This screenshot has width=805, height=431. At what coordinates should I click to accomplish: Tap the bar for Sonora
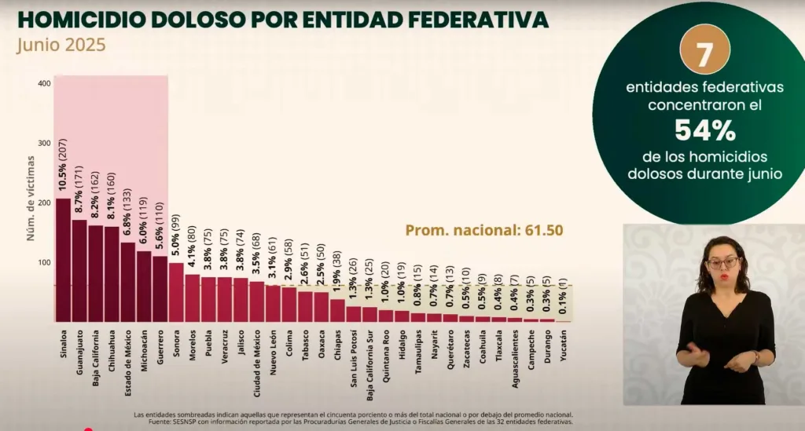coord(176,292)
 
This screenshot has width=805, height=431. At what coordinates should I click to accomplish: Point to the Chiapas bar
coord(337,311)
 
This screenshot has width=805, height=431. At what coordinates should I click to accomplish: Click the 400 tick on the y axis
coord(44,83)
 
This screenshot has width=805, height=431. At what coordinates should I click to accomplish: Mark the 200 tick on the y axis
coord(44,203)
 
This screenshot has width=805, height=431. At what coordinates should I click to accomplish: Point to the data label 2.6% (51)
coord(305,263)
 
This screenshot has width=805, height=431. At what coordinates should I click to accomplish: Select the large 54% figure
coord(704,129)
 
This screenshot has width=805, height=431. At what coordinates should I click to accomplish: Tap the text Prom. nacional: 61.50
coord(484,231)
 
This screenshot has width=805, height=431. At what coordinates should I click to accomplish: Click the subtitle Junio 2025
coord(61,45)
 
